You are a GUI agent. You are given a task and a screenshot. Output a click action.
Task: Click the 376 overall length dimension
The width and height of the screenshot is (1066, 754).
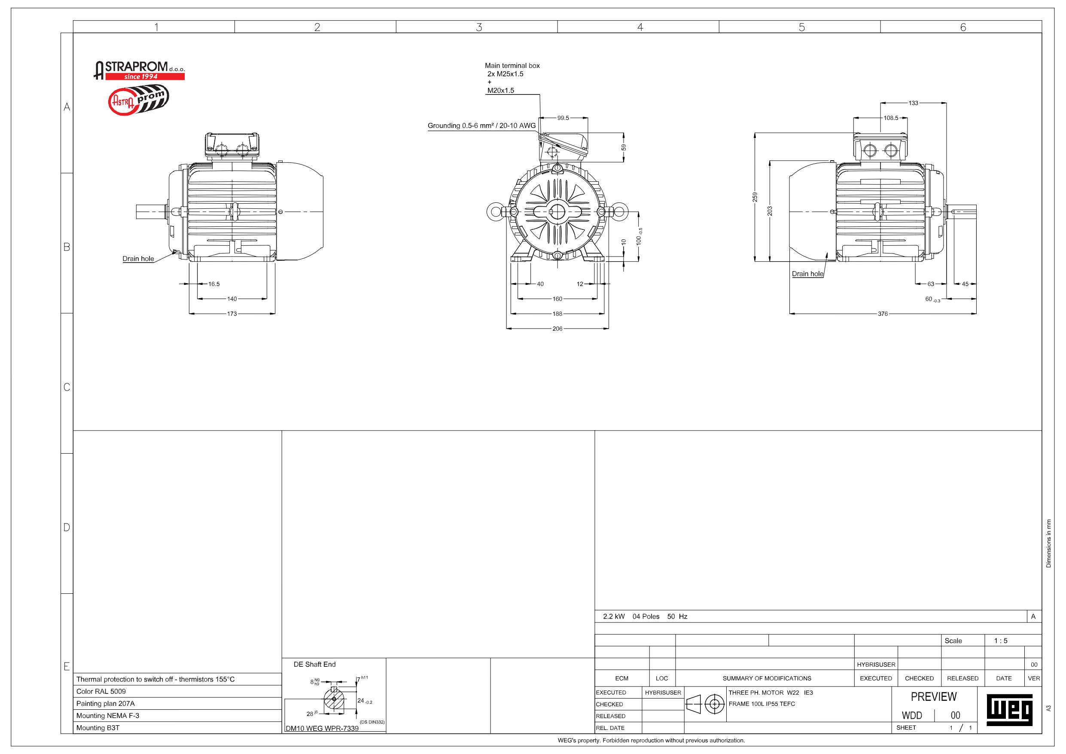[882, 314]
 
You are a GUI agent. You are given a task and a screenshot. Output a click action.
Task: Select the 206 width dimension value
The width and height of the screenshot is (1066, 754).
[557, 329]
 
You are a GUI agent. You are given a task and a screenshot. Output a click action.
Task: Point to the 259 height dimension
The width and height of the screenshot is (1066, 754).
[755, 197]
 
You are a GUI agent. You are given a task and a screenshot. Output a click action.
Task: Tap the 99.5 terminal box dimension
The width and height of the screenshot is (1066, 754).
[563, 118]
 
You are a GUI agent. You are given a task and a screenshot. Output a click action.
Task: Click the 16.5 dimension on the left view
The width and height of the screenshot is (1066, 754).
[213, 284]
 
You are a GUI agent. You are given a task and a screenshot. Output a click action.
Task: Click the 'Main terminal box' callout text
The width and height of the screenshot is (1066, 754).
[512, 65]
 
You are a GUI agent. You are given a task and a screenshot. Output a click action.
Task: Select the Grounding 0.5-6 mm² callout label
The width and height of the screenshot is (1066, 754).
[481, 125]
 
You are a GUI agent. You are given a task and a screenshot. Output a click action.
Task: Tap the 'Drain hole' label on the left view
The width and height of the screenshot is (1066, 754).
[138, 259]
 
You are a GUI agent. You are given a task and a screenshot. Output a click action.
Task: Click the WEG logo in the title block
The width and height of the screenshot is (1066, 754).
[1009, 710]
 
